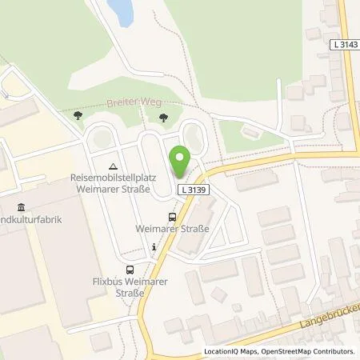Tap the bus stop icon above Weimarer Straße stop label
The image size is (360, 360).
tap(173, 216)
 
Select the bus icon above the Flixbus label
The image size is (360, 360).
tap(130, 269)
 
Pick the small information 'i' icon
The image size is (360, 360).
tap(154, 248)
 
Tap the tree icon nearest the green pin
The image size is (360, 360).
tap(163, 118)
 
